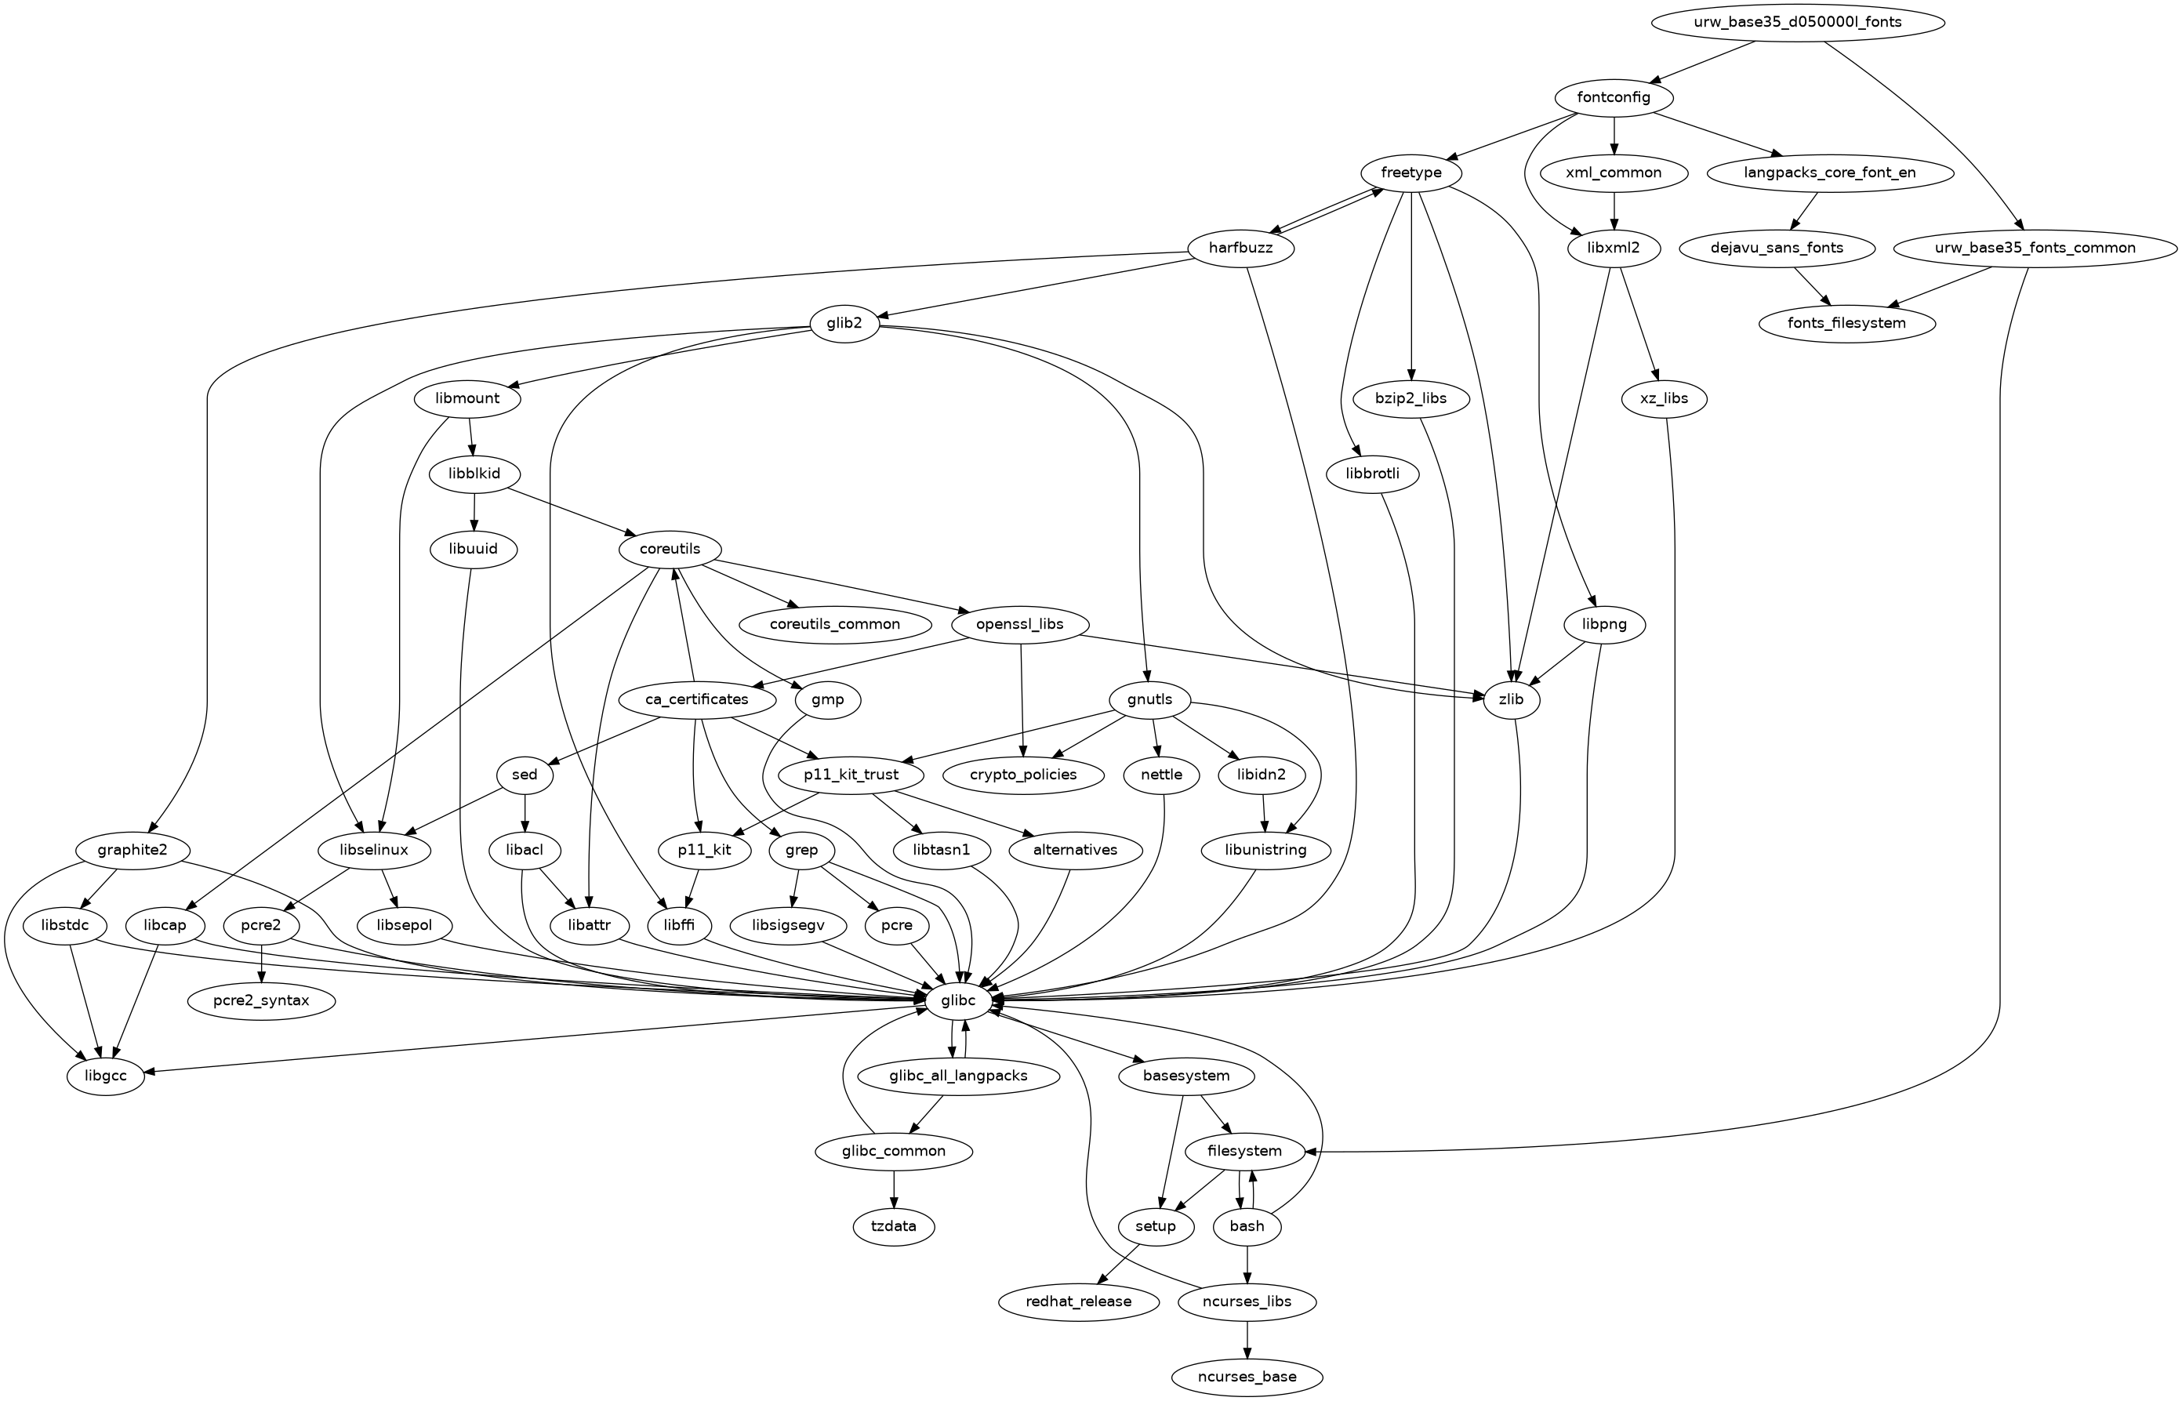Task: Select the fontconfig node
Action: (1614, 97)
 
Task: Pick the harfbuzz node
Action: (1240, 248)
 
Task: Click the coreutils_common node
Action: (834, 624)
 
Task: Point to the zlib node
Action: (1511, 699)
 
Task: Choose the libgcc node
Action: (106, 1076)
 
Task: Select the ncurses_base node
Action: (1247, 1377)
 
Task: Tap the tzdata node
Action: (893, 1226)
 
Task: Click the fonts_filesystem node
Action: (1846, 323)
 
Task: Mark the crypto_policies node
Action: (1023, 775)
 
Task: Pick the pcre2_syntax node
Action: (262, 1000)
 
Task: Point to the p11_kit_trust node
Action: (851, 775)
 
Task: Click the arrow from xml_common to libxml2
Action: (1614, 210)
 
